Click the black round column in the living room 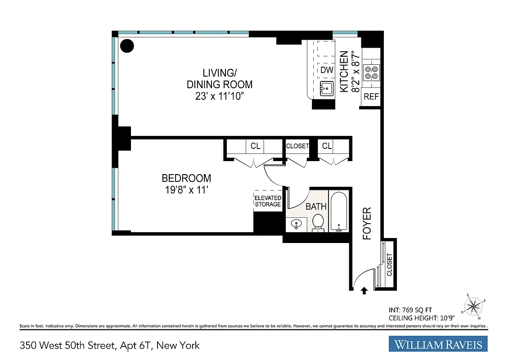pyautogui.click(x=127, y=45)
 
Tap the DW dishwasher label pyautogui.click(x=327, y=70)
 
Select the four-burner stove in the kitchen pyautogui.click(x=372, y=72)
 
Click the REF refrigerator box pyautogui.click(x=371, y=96)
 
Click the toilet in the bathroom pyautogui.click(x=318, y=222)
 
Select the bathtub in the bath pyautogui.click(x=339, y=211)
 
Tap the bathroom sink pyautogui.click(x=297, y=224)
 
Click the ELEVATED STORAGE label pyautogui.click(x=268, y=201)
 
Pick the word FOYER pyautogui.click(x=367, y=223)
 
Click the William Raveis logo pyautogui.click(x=438, y=345)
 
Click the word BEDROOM pyautogui.click(x=186, y=178)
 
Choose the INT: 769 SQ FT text pyautogui.click(x=410, y=310)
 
